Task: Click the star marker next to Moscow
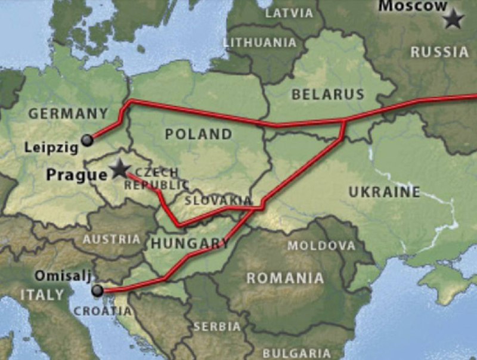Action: (x=454, y=20)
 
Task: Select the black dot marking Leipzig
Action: (x=88, y=140)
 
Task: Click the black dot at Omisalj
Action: (x=97, y=290)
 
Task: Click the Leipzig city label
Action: (x=51, y=147)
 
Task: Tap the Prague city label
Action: (x=76, y=174)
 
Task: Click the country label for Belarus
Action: (x=327, y=94)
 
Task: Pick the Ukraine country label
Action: (x=384, y=192)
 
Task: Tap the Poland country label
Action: (x=198, y=134)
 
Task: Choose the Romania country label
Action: (x=285, y=278)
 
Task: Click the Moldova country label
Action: (x=321, y=246)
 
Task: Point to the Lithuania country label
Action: (x=259, y=42)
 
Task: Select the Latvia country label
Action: (x=289, y=13)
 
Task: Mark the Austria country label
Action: (x=112, y=239)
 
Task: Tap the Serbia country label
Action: (x=217, y=327)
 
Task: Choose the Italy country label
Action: (x=42, y=294)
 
